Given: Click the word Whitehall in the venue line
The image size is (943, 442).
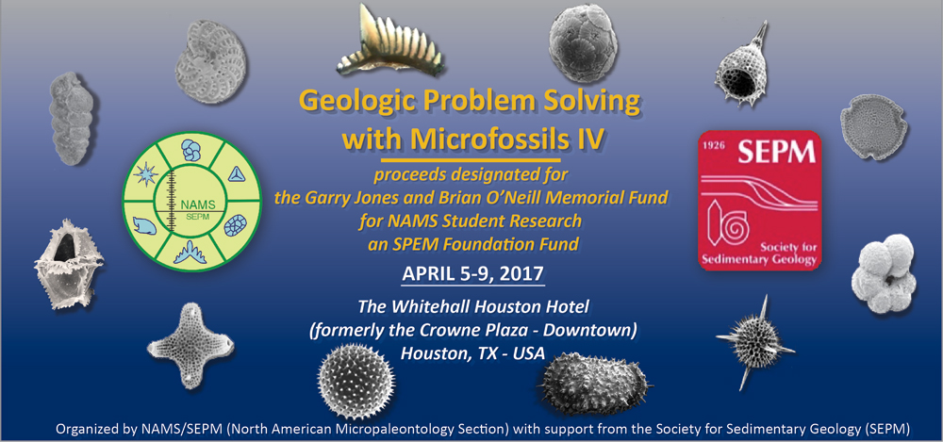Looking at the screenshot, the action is (428, 307).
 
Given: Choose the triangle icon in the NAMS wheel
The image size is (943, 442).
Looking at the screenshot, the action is (236, 174).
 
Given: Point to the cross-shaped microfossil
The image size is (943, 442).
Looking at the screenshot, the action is (190, 345).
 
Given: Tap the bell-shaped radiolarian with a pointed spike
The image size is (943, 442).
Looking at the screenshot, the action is (741, 66).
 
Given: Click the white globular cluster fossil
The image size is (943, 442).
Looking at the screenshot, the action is (883, 273).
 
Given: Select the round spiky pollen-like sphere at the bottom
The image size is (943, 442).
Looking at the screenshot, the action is (356, 375).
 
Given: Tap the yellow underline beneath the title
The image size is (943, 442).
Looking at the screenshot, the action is (471, 160).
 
